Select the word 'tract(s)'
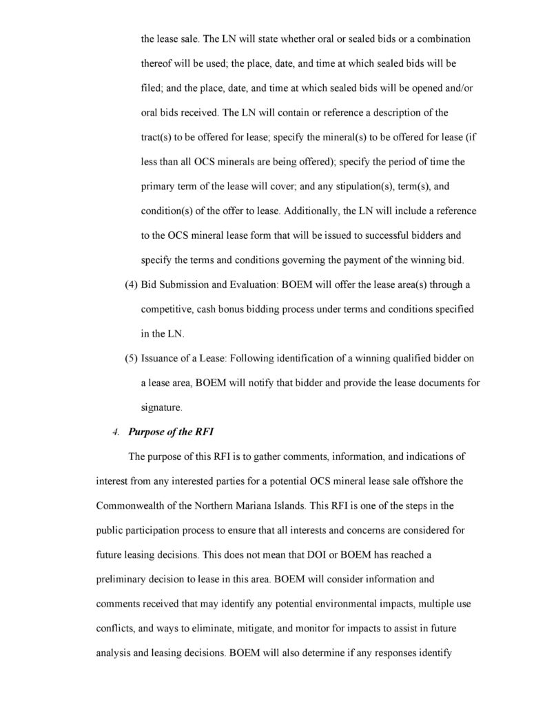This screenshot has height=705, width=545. pos(157,137)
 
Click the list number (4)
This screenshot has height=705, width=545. pos(129,284)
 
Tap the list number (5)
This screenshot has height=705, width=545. pos(129,359)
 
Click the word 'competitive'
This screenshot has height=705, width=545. pos(167,309)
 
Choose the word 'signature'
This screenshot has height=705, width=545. pos(161,408)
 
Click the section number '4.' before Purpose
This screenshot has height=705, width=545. pos(116,432)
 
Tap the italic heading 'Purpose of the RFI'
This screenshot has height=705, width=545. pos(169,432)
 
